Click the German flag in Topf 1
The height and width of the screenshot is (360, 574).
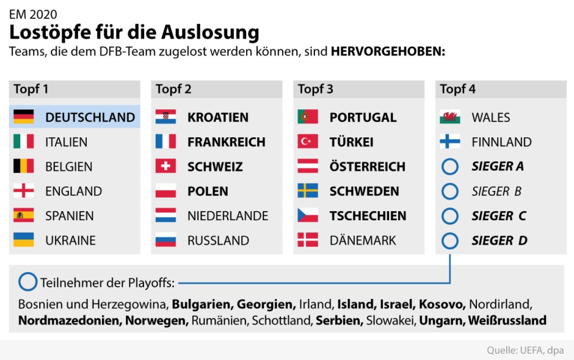point(23,117)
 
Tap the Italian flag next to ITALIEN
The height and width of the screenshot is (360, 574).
point(23,142)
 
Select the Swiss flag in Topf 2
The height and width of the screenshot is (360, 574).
point(165,166)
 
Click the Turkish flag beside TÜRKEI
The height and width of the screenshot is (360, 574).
point(308,142)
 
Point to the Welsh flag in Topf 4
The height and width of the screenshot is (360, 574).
point(450,117)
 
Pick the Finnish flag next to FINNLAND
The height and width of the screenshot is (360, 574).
point(450,142)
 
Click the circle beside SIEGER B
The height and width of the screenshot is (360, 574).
point(450,191)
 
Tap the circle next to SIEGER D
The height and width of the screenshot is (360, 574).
point(450,240)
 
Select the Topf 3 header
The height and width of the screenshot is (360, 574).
point(316,89)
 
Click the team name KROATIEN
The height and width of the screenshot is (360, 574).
point(218,117)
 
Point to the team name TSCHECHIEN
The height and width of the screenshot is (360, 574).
point(368,216)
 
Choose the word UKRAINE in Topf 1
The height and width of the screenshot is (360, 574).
point(70,240)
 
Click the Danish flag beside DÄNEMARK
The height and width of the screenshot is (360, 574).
point(308,240)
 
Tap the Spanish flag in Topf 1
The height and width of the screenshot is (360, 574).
point(23,215)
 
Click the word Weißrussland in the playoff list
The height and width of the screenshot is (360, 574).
point(508,320)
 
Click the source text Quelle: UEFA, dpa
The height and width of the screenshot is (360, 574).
point(525,350)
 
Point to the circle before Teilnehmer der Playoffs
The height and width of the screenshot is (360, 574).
point(28,283)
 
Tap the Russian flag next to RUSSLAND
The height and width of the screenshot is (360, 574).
point(165,240)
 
